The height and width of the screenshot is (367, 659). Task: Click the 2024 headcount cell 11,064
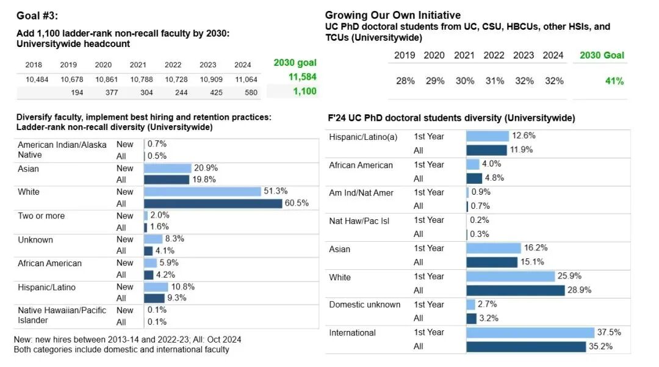point(246,79)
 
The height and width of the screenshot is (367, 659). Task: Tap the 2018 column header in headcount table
point(34,65)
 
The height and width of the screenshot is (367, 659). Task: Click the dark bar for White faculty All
point(213,203)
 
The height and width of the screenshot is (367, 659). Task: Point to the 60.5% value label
point(297,203)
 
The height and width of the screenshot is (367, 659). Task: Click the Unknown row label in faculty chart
point(35,240)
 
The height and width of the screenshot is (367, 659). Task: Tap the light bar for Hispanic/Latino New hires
point(156,286)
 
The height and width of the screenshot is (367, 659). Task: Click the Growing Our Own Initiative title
point(393,15)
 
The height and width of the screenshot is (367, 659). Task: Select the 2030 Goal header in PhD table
point(602,56)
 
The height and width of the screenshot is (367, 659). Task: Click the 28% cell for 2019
point(405,81)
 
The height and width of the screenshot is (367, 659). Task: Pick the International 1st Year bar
point(530,333)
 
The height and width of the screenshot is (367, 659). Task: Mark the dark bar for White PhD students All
point(516,290)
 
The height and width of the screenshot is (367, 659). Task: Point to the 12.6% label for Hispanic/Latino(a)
point(524,136)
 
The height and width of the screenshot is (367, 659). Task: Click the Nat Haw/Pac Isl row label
point(359,221)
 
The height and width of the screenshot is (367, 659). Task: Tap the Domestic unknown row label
point(365,305)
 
